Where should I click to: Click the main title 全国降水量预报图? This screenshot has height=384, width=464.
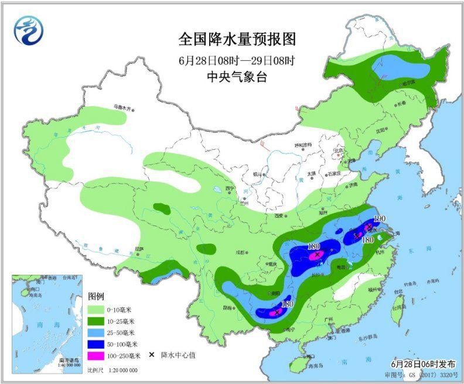tap(237, 39)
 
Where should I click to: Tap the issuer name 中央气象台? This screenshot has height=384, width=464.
tap(237, 76)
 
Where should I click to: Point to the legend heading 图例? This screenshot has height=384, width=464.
tap(96, 296)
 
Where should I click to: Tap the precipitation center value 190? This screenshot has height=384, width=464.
tap(380, 218)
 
